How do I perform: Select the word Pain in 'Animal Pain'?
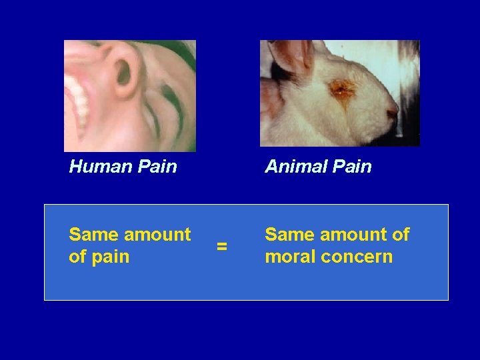tap(353, 167)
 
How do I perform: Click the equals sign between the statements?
tap(222, 247)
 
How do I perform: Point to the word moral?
tap(289, 257)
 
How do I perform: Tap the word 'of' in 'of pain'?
tap(78, 257)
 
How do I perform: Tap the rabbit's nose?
tap(393, 109)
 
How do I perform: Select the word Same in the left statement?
tap(91, 235)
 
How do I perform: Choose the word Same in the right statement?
tap(287, 235)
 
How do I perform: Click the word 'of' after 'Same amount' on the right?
tap(401, 235)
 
